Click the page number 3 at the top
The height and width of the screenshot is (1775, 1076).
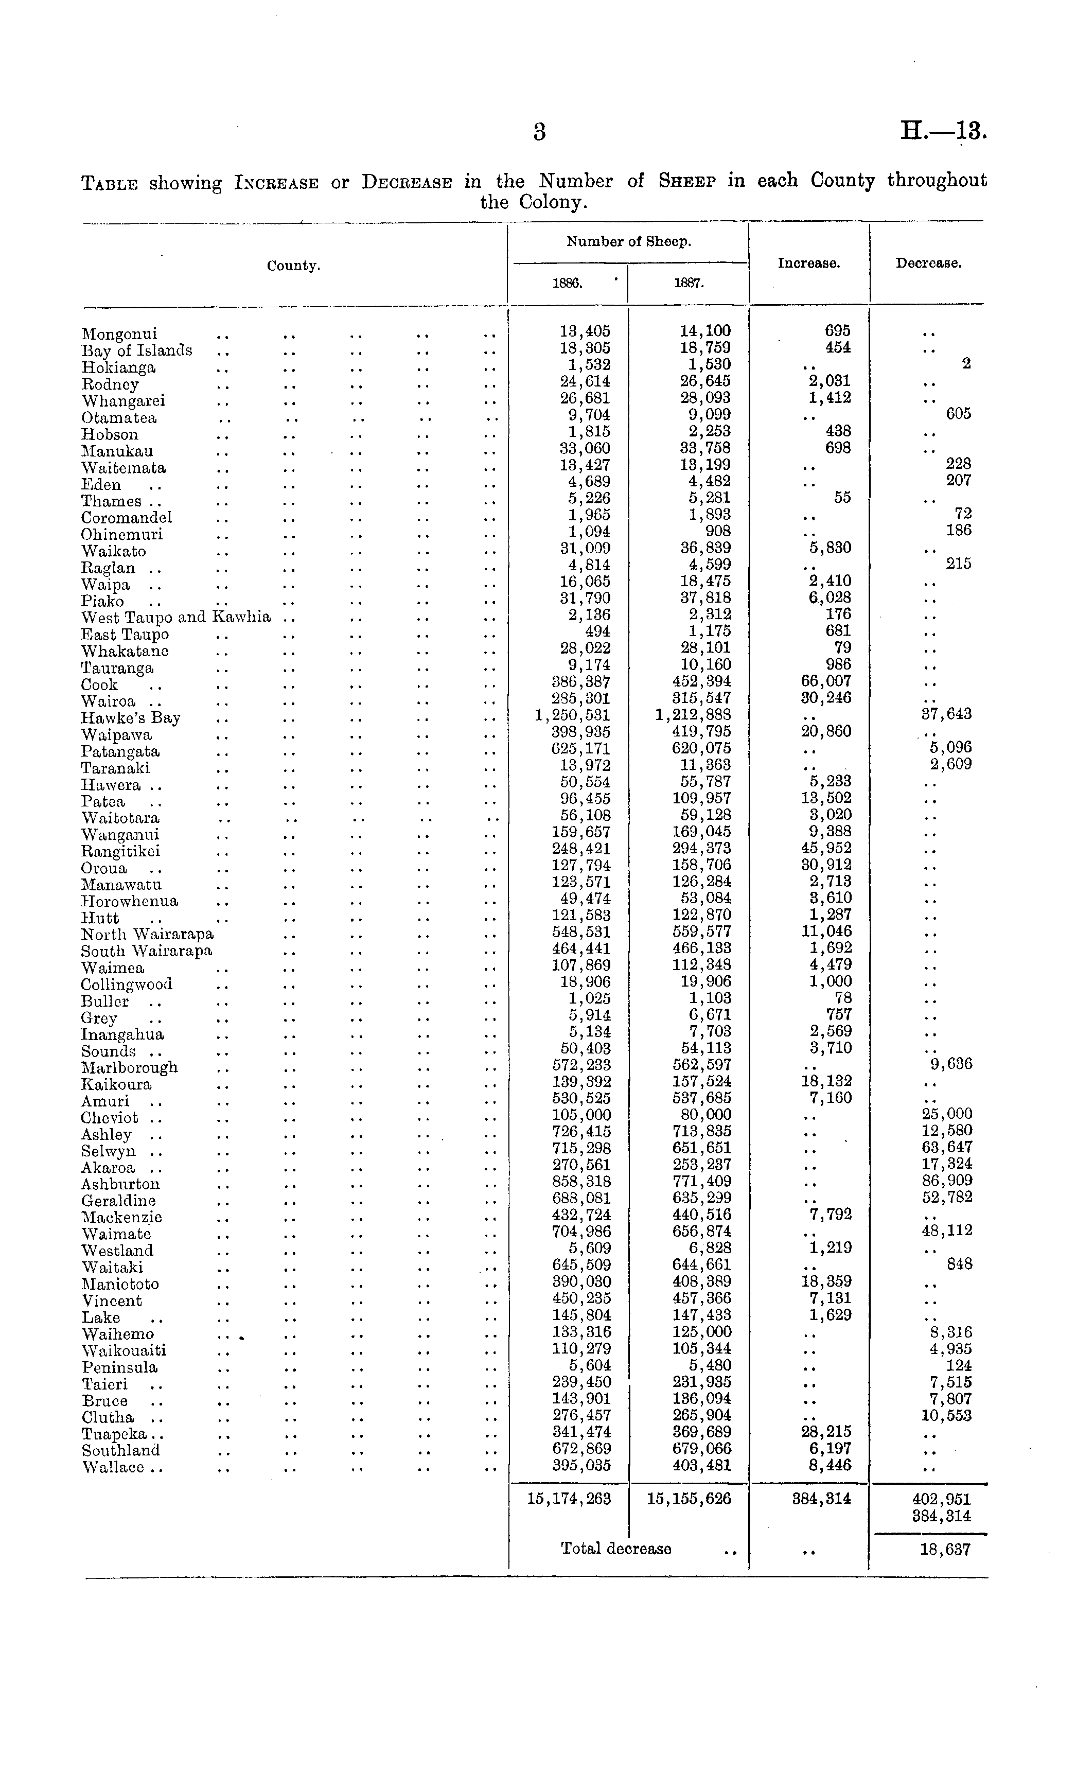[539, 132]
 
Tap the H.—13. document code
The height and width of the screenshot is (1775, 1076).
[943, 132]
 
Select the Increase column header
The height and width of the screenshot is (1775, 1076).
[808, 263]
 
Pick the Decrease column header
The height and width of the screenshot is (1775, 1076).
[928, 263]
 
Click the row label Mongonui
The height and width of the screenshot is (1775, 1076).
[119, 334]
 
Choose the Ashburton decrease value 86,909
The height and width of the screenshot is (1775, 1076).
[946, 1181]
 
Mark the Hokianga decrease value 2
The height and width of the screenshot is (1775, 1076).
[966, 364]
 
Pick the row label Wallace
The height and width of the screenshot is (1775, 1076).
[113, 1467]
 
